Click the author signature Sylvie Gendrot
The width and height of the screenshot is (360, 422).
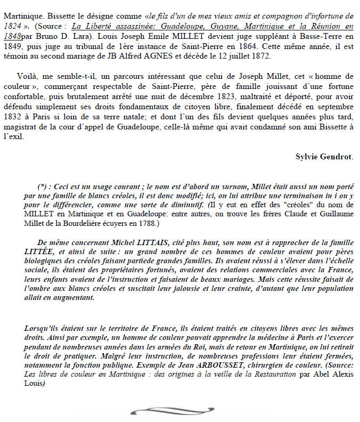coord(324,156)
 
